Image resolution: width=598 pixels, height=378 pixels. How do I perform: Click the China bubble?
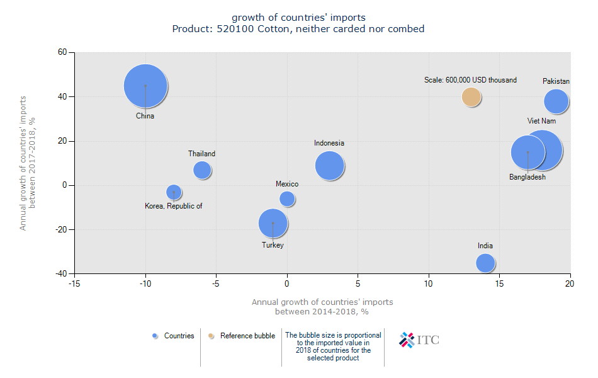coord(145,86)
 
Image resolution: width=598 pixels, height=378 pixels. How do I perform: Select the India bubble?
coord(485,263)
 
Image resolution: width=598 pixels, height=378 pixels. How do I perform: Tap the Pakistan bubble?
coord(556,101)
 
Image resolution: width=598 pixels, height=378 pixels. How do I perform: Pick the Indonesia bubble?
coord(330,166)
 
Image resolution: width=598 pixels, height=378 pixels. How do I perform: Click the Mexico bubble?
coord(287,198)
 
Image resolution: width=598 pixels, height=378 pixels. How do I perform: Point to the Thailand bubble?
coord(202,169)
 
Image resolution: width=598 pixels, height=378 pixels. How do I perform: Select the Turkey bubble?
coord(273,223)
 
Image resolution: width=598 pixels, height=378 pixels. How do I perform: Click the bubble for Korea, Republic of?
coord(174,192)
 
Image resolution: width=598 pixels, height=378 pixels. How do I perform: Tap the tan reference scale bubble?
coord(471,96)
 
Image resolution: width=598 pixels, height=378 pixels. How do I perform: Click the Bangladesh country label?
coord(527,177)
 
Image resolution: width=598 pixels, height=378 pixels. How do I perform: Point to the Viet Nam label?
coord(541,120)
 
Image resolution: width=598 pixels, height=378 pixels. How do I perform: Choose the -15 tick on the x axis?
coord(74,283)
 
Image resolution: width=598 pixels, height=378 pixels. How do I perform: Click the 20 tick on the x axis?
coord(570,283)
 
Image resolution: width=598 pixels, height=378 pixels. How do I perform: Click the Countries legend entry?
coord(173,336)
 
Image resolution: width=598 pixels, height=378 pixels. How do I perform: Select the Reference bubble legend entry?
coord(242,336)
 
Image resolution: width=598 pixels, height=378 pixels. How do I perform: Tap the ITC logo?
coord(419,340)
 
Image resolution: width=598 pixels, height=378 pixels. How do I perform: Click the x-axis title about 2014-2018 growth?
coord(322,306)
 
